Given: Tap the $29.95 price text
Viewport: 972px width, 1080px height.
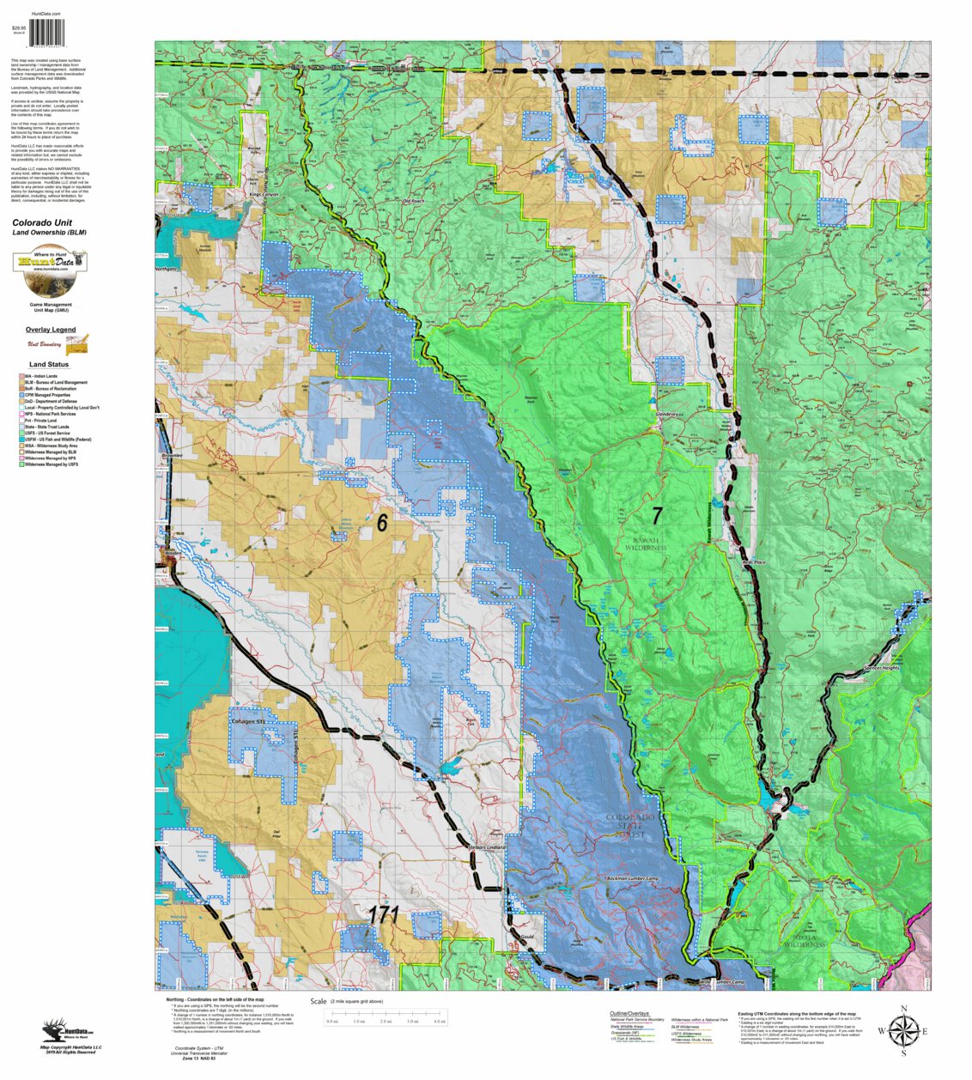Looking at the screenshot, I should pos(19,28).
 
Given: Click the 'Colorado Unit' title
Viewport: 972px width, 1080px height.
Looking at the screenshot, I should pos(42,222).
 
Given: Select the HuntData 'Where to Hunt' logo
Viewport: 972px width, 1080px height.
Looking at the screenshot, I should pos(50,270).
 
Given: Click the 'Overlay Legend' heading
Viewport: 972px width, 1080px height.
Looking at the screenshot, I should pos(50,330).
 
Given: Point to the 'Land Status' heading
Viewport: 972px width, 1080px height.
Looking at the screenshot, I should pos(49,365).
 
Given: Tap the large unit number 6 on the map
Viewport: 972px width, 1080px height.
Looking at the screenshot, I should pos(382,522).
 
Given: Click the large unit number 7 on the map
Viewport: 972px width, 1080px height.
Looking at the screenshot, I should pos(657,515).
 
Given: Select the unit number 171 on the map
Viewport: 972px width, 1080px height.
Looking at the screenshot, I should pos(384,915).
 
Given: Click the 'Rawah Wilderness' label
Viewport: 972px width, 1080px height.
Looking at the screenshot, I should pos(646,543).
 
